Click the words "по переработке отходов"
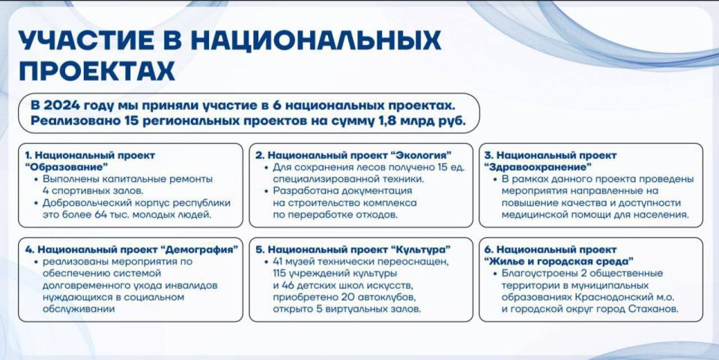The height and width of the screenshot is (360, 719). click(331, 215)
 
